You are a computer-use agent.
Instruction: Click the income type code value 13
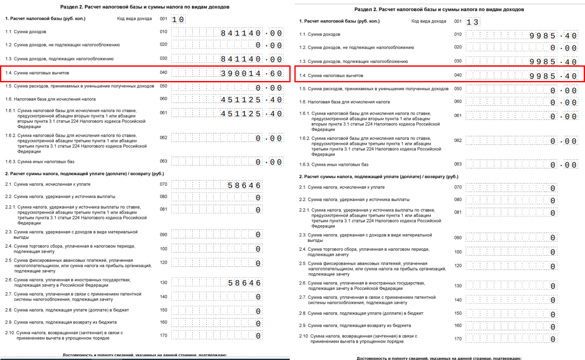point(472,22)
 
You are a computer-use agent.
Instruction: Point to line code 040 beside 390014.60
point(164,73)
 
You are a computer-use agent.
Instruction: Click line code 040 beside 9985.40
point(458,76)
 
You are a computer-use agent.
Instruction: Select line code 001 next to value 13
point(458,21)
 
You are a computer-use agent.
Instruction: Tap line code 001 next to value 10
point(164,19)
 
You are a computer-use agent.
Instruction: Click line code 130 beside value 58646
point(164,282)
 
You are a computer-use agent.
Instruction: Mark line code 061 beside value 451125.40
point(164,113)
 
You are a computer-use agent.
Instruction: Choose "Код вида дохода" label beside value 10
point(134,19)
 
